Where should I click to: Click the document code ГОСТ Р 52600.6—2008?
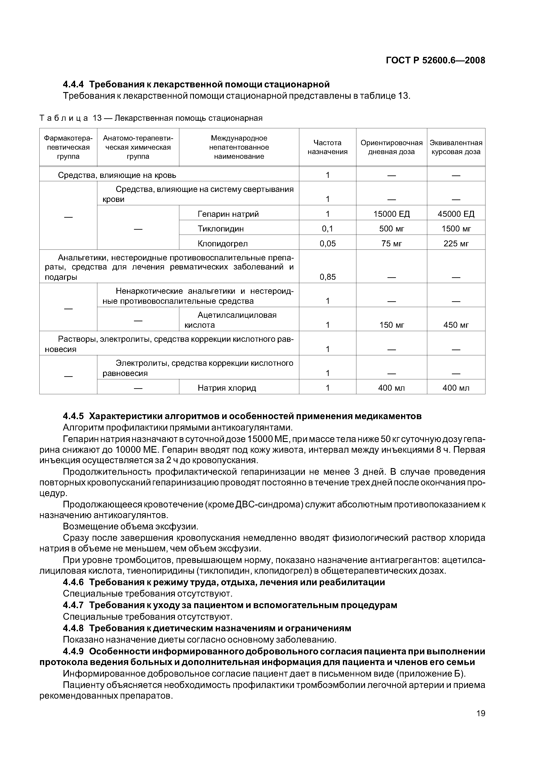435,60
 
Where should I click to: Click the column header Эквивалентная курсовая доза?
456,147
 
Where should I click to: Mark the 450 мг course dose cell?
456,325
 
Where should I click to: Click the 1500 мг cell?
456,229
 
